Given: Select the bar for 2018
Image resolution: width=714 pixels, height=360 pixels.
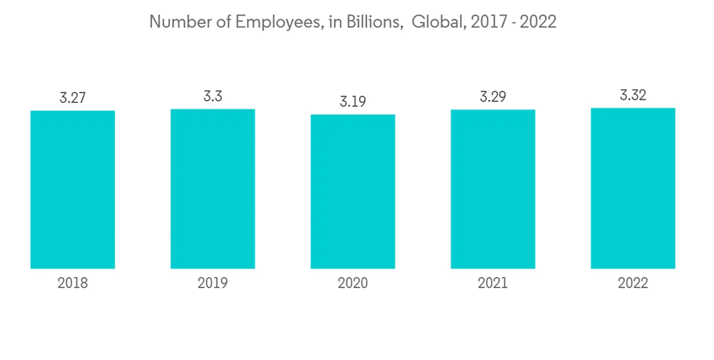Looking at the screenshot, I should [x=73, y=189].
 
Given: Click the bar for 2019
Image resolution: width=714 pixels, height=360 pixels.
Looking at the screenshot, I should [x=213, y=189].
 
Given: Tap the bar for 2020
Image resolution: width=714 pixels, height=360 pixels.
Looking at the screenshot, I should [x=353, y=191].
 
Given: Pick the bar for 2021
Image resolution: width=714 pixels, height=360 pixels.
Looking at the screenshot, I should [x=493, y=189].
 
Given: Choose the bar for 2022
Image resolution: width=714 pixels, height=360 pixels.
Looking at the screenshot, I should [x=633, y=188].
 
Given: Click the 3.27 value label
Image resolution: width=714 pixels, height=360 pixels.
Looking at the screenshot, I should [x=73, y=98].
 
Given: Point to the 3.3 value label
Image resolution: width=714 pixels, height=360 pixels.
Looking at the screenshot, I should [x=213, y=96].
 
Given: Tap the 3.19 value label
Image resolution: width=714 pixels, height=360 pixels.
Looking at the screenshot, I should [x=353, y=101].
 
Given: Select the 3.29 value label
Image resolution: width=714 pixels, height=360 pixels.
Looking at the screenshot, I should [x=493, y=97].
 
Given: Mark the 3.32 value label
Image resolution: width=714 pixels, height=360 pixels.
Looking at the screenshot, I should [x=633, y=96].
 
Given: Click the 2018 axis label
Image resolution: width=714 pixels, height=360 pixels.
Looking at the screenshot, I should [x=73, y=284].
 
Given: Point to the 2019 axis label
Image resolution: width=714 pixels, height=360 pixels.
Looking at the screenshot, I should [x=213, y=284].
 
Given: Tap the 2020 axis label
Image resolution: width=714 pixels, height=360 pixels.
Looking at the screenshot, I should [x=353, y=284].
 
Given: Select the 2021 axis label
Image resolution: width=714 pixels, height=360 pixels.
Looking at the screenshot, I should [x=493, y=284].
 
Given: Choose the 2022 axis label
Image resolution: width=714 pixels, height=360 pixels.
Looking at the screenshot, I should [x=633, y=284].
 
